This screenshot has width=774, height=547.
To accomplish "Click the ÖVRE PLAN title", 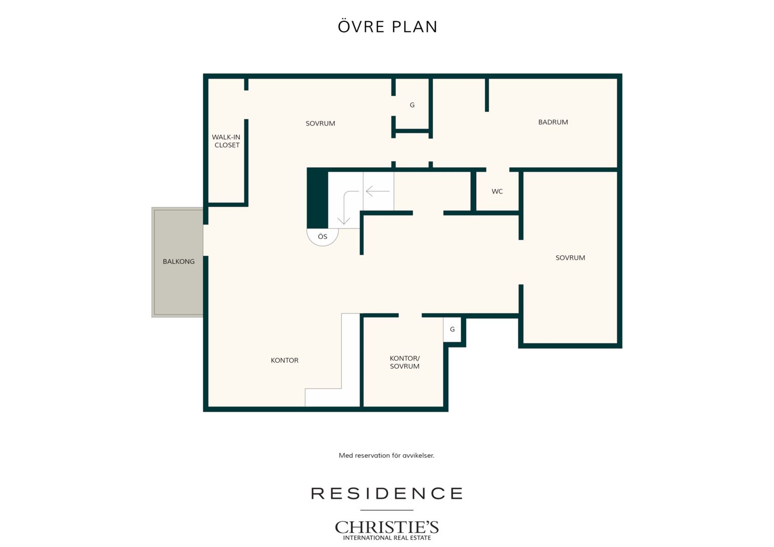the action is pos(388,27).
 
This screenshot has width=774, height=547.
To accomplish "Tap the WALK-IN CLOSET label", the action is pos(226,141).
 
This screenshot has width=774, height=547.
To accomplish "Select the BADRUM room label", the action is pos(553,122).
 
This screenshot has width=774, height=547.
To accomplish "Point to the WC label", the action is pos(497,191).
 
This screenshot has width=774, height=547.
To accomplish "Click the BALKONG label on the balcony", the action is pos(179,261).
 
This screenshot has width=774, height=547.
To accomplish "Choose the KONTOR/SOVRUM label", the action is pos(405,362).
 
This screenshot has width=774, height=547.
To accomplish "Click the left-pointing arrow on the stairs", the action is pos(378,191).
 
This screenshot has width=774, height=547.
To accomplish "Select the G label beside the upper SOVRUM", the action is pos(412,105).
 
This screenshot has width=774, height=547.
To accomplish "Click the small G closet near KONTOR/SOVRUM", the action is pos(452,329).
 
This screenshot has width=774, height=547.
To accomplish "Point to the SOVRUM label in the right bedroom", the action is pos(570,258).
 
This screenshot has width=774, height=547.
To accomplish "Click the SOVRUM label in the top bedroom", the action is pos(320,124).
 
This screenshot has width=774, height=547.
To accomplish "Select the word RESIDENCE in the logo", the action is pos(386,493).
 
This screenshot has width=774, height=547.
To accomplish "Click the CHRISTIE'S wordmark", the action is pos(386,527).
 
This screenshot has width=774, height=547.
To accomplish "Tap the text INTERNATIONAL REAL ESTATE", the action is pos(386,538).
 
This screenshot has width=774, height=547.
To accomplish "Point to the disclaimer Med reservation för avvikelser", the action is pos(386,455).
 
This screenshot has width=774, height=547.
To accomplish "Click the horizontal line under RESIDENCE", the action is pos(386,510).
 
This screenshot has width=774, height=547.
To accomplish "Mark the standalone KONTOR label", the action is pos(284,361).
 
